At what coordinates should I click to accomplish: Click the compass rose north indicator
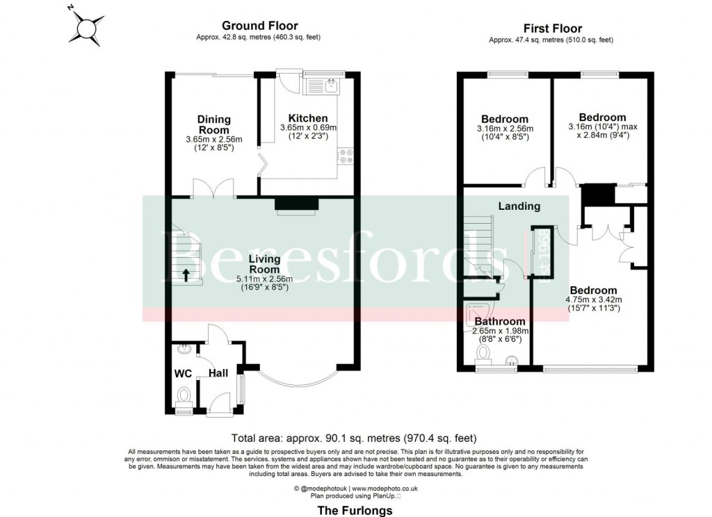88,27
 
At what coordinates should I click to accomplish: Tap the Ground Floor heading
260,26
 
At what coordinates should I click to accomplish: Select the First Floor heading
551,28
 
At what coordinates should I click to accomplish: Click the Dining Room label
213,124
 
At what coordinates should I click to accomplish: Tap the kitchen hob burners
346,156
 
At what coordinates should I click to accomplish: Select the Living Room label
264,264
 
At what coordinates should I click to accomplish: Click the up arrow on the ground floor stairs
186,273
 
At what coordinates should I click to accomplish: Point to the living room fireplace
297,204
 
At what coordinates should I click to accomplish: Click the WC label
183,373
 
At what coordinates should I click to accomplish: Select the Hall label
219,373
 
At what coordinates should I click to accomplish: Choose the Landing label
519,206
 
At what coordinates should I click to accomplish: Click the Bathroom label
499,321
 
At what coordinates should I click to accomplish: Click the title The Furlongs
355,510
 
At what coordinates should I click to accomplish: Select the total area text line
355,438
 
